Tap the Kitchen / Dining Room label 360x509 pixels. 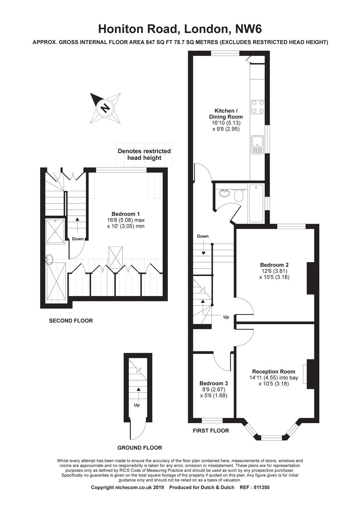pyautogui.click(x=226, y=114)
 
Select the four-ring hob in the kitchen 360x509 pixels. pyautogui.click(x=258, y=107)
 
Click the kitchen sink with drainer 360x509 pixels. pyautogui.click(x=258, y=144)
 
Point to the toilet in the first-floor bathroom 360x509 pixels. pyautogui.click(x=239, y=195)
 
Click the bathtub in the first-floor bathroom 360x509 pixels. pyautogui.click(x=256, y=203)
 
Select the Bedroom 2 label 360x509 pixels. pyautogui.click(x=274, y=265)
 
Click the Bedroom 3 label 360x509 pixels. pyautogui.click(x=214, y=383)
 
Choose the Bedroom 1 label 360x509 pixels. pyautogui.click(x=125, y=214)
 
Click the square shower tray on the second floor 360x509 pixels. pyautogui.click(x=55, y=231)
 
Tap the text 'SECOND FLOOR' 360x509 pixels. pyautogui.click(x=71, y=321)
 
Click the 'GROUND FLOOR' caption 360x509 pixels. pyautogui.click(x=140, y=448)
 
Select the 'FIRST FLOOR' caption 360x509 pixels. pyautogui.click(x=211, y=430)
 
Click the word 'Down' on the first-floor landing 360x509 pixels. pyautogui.click(x=203, y=236)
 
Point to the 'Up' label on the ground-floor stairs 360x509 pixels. pyautogui.click(x=137, y=405)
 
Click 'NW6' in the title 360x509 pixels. pyautogui.click(x=249, y=29)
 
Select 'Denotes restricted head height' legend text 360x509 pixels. pyautogui.click(x=144, y=154)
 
